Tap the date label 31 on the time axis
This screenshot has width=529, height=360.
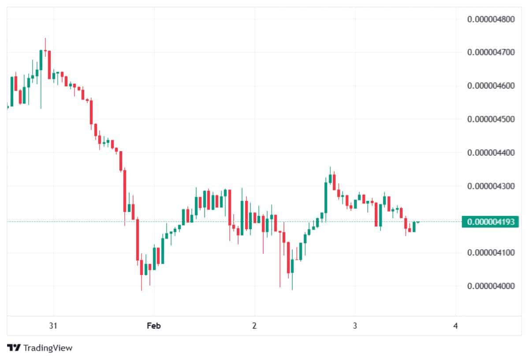53,326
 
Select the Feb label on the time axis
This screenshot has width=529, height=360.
153,326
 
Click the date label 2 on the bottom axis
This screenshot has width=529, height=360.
254,326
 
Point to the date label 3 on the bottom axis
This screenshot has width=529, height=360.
355,326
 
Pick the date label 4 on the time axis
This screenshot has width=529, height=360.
455,326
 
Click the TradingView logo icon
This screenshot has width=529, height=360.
14,348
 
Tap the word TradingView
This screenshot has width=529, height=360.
48,348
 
